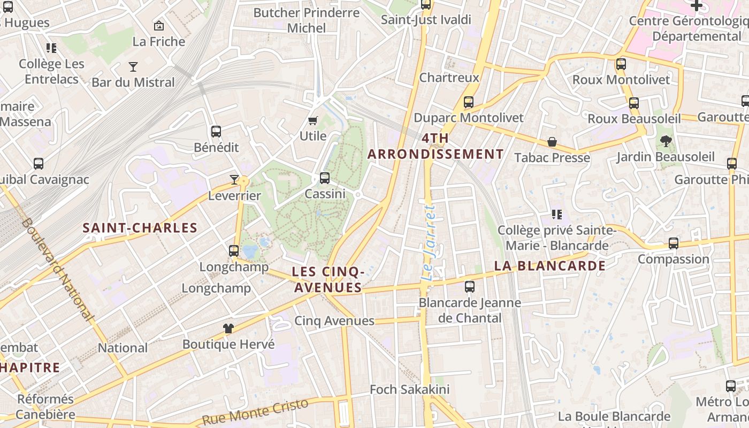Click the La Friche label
[x=158, y=42]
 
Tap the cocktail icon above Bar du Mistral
[x=133, y=67]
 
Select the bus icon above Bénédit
[x=216, y=132]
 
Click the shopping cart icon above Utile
[x=313, y=121]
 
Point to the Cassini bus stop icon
[x=325, y=178]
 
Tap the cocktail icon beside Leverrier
[x=234, y=180]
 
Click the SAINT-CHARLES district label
[x=140, y=228]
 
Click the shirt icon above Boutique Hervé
[x=228, y=328]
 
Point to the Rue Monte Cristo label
[x=256, y=412]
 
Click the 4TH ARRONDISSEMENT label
[x=435, y=147]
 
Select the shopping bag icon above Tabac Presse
[x=552, y=142]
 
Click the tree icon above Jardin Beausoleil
[x=666, y=141]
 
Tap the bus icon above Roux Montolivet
[x=621, y=64]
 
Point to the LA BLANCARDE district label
[x=549, y=266]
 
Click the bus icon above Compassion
[x=674, y=243]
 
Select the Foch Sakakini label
[x=410, y=389]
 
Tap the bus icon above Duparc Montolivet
[x=469, y=102]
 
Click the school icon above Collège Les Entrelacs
[x=51, y=48]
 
